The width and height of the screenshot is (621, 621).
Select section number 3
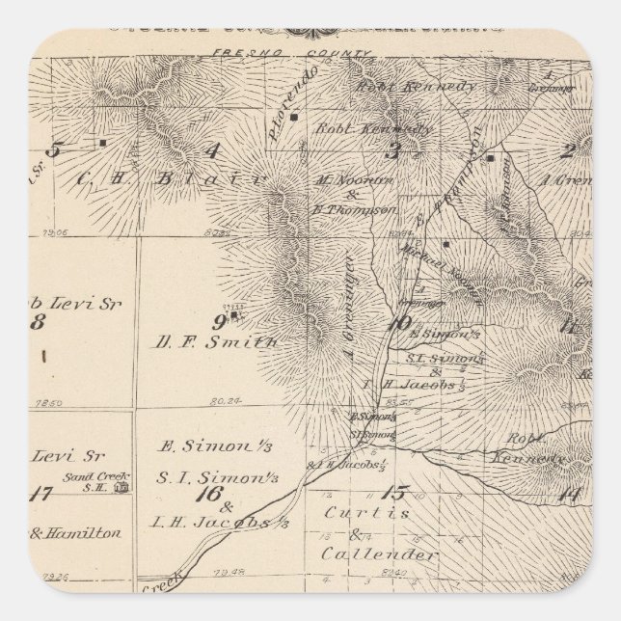pyautogui.click(x=392, y=149)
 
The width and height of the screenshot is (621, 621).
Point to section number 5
pyautogui.click(x=54, y=149)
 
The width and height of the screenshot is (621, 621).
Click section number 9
pyautogui.click(x=219, y=321)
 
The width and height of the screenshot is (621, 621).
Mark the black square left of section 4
pyautogui.click(x=102, y=142)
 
